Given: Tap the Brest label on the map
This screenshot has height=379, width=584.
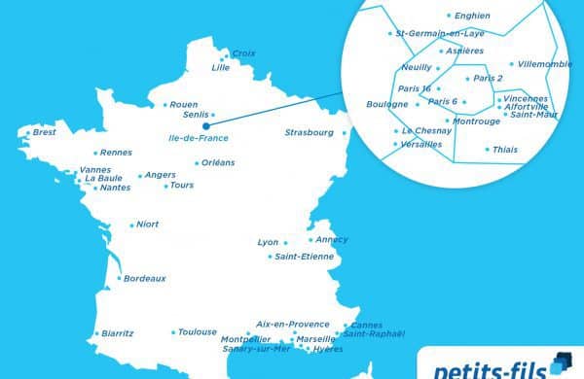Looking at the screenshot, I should point(44,132).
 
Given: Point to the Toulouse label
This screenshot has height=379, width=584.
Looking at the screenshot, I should point(198,332).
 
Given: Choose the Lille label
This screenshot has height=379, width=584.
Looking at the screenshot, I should point(221,68).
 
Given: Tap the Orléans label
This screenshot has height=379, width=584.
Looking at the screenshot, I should point(219,163).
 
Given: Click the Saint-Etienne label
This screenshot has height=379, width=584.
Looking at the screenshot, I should point(305,257).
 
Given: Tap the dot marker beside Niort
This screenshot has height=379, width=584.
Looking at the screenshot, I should point(131,224).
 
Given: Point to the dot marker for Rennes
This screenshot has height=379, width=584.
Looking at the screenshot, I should point(95,153).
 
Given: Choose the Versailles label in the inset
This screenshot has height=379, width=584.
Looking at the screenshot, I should point(421,144).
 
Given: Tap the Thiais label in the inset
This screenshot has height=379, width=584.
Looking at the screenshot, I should point(506,150).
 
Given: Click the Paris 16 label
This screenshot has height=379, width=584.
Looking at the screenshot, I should point(415,88).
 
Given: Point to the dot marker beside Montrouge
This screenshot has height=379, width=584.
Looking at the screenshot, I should point(446,121).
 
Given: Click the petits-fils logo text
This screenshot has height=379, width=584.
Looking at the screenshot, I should point(483,366).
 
